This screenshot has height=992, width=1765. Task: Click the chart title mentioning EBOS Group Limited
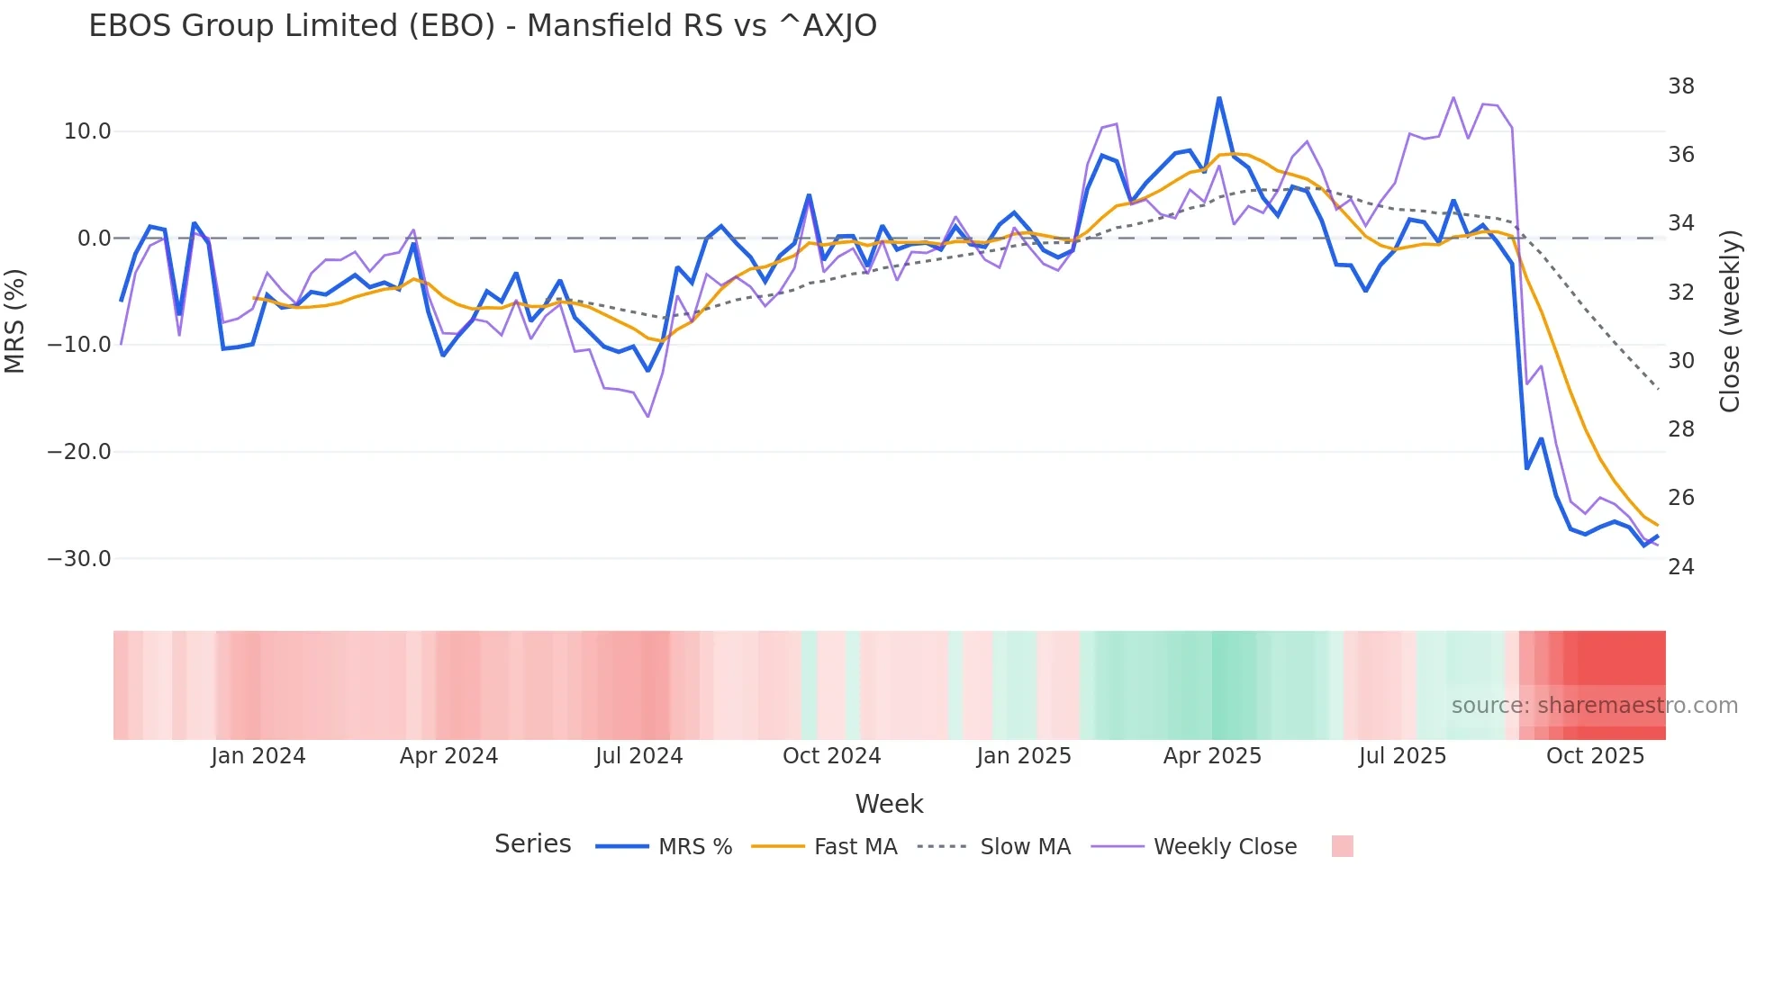tap(483, 25)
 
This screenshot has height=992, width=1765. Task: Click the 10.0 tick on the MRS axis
tap(87, 131)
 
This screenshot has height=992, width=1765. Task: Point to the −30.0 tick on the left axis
tap(79, 558)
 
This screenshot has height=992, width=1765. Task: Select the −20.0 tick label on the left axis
tap(79, 452)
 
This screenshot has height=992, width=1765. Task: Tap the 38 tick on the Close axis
tap(1680, 86)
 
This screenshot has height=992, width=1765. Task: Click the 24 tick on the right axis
tap(1680, 566)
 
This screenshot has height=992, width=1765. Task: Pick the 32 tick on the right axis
tap(1680, 292)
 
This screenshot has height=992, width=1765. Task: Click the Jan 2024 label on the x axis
tap(258, 756)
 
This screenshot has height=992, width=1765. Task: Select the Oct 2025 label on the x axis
tap(1595, 756)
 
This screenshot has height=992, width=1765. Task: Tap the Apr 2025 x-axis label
tap(1212, 756)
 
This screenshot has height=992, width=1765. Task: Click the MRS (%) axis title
tap(15, 320)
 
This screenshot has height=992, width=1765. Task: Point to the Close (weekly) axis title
tap(1729, 321)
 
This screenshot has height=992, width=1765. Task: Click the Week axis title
tap(889, 804)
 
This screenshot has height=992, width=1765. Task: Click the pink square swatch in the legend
tap(1342, 846)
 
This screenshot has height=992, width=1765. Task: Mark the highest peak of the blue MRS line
tap(1219, 98)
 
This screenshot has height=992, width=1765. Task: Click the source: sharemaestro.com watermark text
tap(1594, 706)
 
